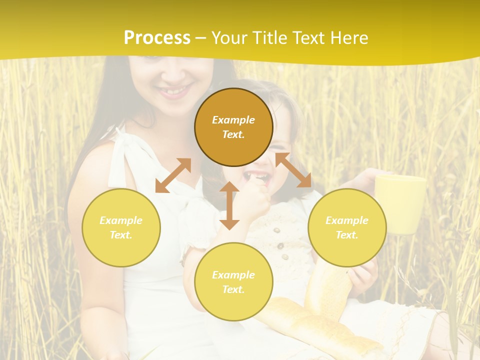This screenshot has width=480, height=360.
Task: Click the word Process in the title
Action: (x=157, y=38)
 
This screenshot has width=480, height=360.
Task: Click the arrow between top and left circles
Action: (x=173, y=175)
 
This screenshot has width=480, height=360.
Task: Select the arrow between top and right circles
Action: (x=293, y=170)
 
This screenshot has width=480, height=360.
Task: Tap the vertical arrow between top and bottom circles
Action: (x=229, y=205)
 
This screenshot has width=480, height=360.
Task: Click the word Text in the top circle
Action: (x=233, y=134)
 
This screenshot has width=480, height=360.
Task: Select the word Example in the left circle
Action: (x=121, y=220)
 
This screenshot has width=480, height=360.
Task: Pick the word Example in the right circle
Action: (x=347, y=220)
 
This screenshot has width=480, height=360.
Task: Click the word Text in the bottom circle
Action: (x=233, y=289)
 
